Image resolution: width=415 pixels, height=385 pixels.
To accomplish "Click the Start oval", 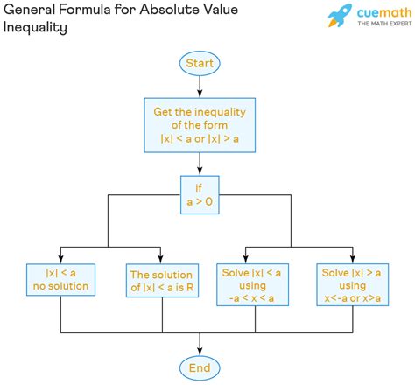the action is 200,63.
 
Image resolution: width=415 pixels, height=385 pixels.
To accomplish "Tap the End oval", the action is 200,368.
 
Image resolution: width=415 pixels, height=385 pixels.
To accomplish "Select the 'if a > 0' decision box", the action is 200,195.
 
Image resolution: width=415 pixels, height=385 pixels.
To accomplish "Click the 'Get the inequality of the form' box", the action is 200,125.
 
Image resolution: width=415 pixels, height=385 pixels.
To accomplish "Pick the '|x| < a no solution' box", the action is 60,280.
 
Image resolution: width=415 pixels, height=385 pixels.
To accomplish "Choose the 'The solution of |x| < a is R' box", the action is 162,281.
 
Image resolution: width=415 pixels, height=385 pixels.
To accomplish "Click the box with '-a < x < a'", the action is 252,284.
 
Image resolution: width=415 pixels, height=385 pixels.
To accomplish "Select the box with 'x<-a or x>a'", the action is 353,284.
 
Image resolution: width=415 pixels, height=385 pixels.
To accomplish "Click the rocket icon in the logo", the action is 340,15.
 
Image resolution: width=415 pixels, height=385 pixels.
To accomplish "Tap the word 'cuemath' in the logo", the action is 384,12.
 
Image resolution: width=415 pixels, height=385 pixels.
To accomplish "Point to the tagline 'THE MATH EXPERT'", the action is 384,24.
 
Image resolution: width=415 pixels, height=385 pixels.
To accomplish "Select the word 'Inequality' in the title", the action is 35,28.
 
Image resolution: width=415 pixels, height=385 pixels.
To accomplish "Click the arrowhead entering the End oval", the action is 200,352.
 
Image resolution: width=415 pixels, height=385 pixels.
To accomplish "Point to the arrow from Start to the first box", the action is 200,87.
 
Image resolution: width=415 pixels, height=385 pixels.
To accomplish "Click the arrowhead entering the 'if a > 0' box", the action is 200,171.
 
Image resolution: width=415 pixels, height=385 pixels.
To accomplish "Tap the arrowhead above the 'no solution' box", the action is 60,259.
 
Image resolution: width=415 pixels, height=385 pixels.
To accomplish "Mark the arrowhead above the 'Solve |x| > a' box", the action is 353,259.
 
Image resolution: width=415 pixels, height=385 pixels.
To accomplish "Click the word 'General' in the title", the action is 29,10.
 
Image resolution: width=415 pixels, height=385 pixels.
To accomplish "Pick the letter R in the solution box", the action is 190,288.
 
